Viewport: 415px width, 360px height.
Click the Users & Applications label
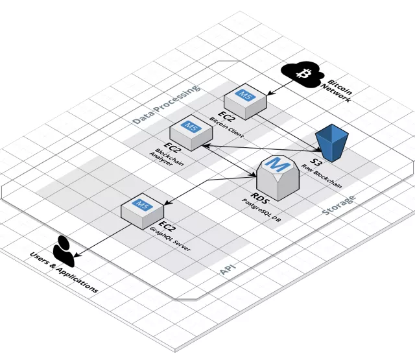pyautogui.click(x=64, y=270)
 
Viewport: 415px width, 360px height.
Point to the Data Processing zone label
pyautogui.click(x=165, y=104)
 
